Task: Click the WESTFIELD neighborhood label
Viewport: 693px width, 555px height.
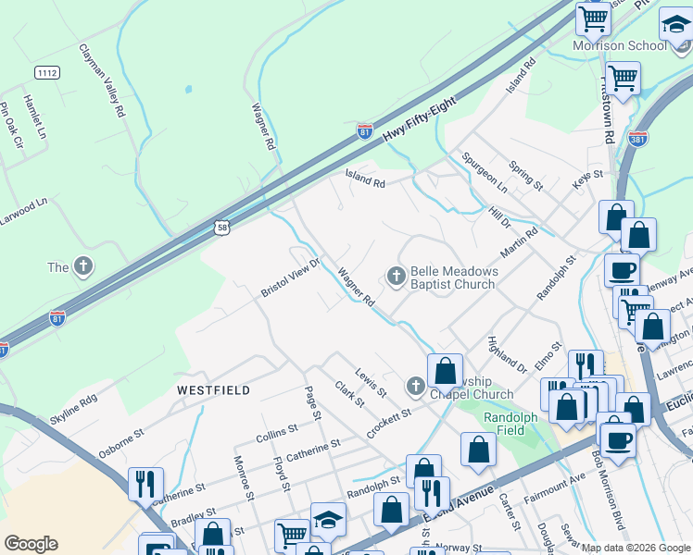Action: pyautogui.click(x=213, y=391)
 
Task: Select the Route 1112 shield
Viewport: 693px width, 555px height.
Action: pyautogui.click(x=46, y=72)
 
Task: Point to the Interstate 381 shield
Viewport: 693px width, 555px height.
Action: pyautogui.click(x=637, y=138)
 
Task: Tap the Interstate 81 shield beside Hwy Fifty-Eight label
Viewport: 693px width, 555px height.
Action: pyautogui.click(x=365, y=132)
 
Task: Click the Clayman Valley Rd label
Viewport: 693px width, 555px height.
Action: pyautogui.click(x=102, y=80)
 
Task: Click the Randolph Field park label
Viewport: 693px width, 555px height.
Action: pyautogui.click(x=510, y=424)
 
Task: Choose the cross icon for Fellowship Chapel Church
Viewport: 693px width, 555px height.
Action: pyautogui.click(x=416, y=385)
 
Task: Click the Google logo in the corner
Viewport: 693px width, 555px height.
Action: pyautogui.click(x=30, y=544)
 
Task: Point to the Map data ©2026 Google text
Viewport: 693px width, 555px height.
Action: pyautogui.click(x=635, y=548)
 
